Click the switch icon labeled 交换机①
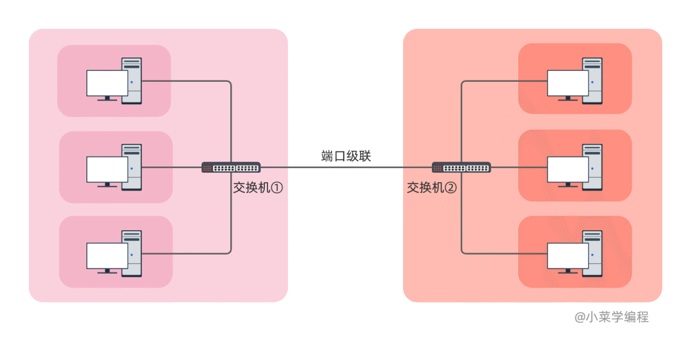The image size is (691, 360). point(231,168)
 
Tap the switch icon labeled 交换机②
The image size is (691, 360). point(461,168)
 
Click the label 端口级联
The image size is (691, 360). point(345,156)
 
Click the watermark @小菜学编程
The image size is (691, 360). point(611,317)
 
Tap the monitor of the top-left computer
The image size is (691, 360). point(107,83)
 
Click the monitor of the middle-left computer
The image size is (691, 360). point(107,169)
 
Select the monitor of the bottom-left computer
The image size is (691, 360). point(107,255)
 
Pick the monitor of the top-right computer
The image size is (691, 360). point(568,82)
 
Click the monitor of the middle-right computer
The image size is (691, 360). point(568,169)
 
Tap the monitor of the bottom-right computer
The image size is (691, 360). point(568,255)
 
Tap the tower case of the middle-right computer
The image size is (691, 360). point(592,167)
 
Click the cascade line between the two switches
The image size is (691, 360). point(345,168)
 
